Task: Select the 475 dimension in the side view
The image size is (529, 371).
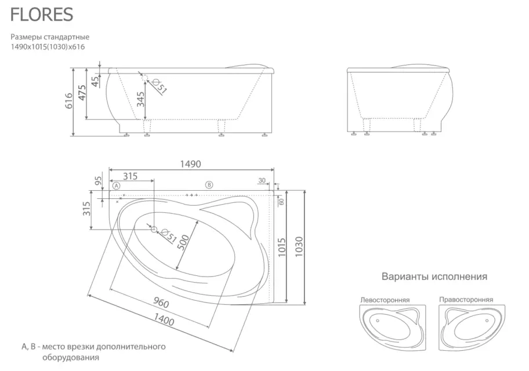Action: (x=83, y=93)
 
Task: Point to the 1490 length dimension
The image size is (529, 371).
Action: (x=190, y=164)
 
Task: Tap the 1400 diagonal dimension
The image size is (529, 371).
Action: (x=164, y=319)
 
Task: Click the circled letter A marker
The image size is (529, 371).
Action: (x=116, y=186)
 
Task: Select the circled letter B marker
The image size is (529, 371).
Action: (x=209, y=184)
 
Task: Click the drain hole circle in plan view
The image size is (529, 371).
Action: (x=154, y=229)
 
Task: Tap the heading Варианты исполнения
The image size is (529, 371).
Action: (x=434, y=277)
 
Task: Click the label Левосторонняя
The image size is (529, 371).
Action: (x=385, y=300)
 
